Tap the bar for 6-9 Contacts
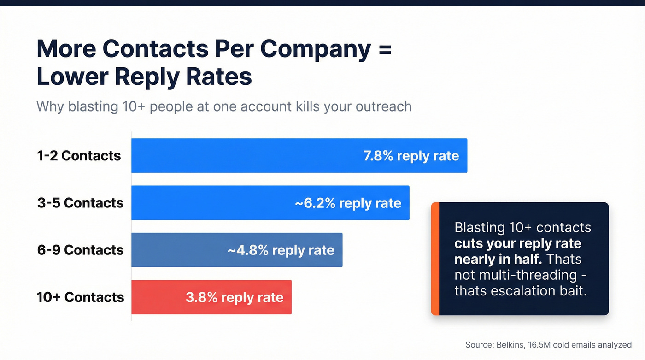[x=180, y=250]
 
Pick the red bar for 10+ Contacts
[x=157, y=297]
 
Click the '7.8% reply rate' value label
[x=411, y=156]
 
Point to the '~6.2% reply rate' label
[x=348, y=203]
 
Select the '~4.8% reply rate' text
[x=281, y=250]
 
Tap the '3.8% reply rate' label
[x=235, y=297]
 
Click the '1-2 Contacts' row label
[x=79, y=156]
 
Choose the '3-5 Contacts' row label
[x=80, y=203]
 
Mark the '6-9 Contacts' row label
[x=80, y=250]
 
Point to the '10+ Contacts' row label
[x=80, y=297]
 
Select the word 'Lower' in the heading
[x=69, y=77]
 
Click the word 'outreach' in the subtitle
[x=383, y=106]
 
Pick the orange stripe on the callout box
[x=435, y=259]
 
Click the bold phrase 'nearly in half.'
[x=497, y=259]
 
